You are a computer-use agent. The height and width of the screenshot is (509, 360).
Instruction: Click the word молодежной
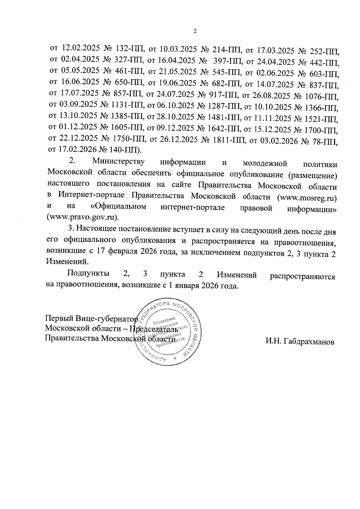pos(265,163)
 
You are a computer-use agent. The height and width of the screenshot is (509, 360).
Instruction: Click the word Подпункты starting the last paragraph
pos(88,274)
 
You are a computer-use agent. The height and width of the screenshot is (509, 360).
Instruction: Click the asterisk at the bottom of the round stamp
pos(175,358)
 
